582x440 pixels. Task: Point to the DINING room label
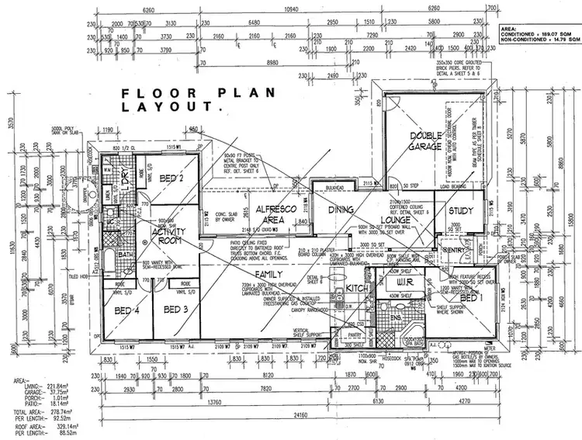341,210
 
